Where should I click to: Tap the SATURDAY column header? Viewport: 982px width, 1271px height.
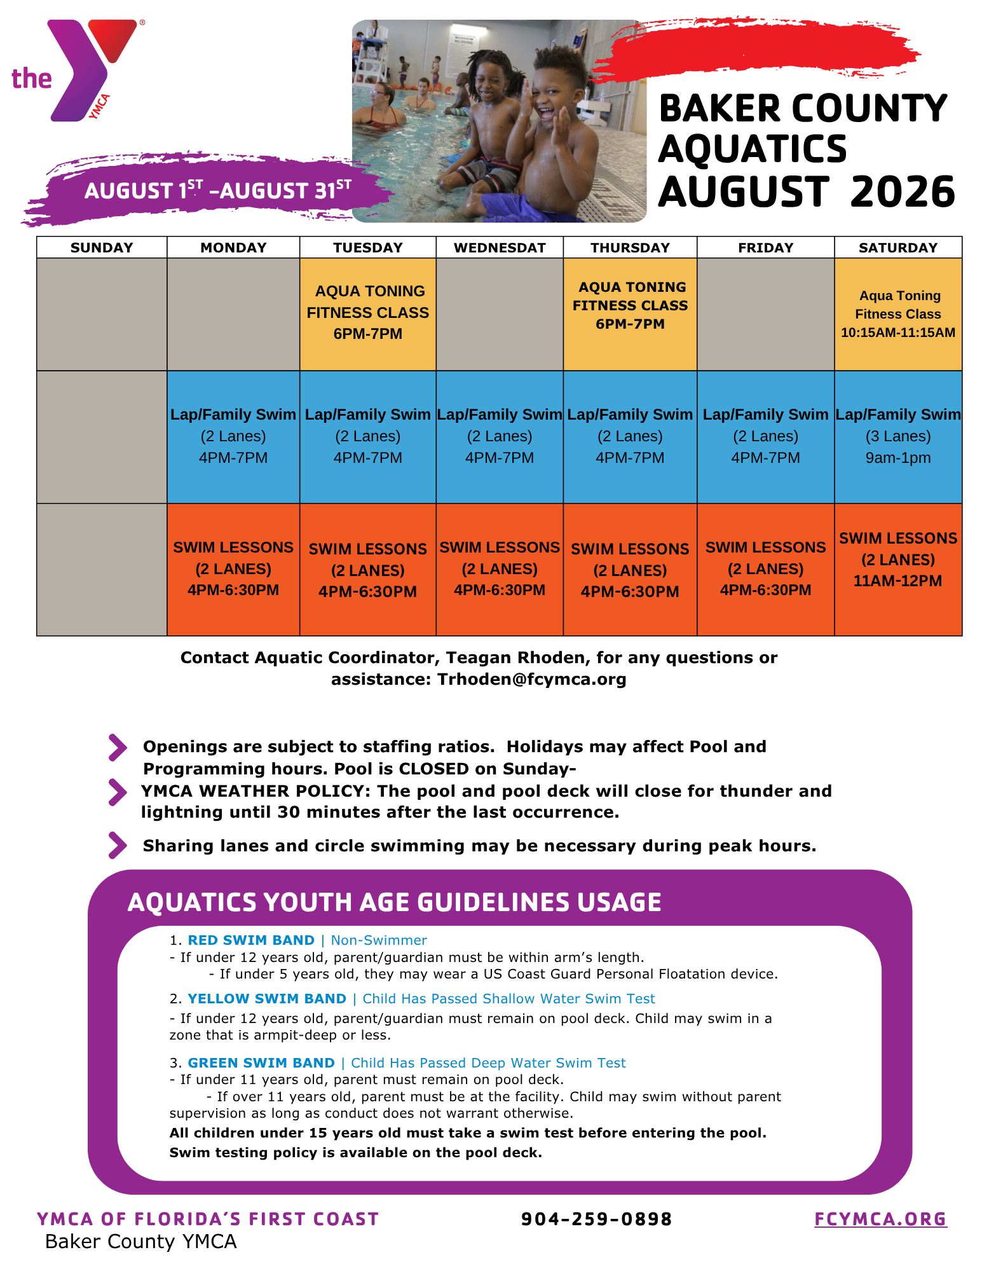[898, 247]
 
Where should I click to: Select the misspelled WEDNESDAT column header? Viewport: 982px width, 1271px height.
[500, 247]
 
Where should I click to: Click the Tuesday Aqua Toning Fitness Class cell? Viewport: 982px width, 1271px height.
[368, 314]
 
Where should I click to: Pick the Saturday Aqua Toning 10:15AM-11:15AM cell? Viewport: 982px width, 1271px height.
[898, 314]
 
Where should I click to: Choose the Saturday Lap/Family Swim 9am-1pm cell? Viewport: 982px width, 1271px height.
[898, 437]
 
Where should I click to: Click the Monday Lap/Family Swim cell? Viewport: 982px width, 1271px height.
[233, 437]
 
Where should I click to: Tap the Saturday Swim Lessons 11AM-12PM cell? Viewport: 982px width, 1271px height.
[898, 570]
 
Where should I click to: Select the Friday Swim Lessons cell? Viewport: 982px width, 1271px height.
[766, 570]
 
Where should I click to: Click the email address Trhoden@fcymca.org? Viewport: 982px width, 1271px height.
[532, 679]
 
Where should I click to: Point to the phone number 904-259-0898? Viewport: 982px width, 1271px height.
[596, 1219]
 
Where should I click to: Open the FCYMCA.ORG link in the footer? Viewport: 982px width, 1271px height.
[881, 1219]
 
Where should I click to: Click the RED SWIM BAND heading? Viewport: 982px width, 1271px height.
[251, 940]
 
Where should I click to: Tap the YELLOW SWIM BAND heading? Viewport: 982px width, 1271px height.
[267, 998]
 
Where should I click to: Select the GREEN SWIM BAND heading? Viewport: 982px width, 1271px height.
[261, 1062]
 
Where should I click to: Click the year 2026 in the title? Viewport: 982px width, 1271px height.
[903, 192]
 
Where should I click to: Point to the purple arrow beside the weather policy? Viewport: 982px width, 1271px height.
[118, 792]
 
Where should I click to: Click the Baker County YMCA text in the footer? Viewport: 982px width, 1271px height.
[140, 1241]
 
